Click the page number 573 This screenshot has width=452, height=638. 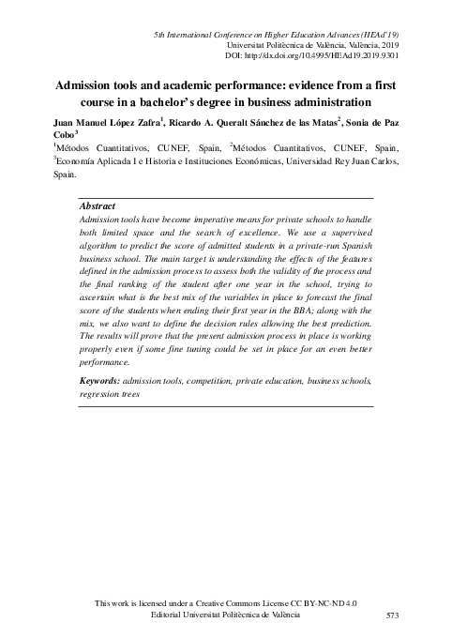click(x=395, y=615)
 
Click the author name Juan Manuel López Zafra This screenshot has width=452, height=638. click(x=103, y=122)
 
